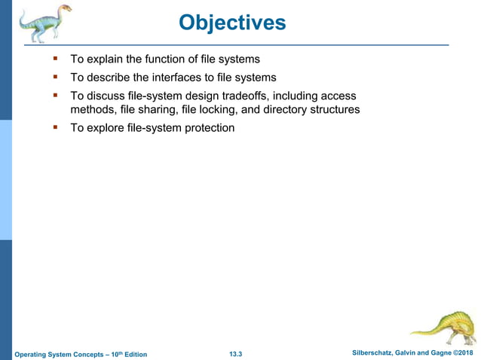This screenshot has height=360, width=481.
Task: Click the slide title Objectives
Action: (231, 23)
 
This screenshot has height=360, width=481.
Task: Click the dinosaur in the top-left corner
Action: (44, 23)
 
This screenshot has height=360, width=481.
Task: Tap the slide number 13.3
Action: (239, 354)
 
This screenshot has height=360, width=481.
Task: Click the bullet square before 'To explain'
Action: (55, 58)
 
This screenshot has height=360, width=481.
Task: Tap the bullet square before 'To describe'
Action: (55, 77)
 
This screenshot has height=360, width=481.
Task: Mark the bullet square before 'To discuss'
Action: (55, 96)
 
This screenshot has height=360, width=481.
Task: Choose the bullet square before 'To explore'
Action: (55, 127)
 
